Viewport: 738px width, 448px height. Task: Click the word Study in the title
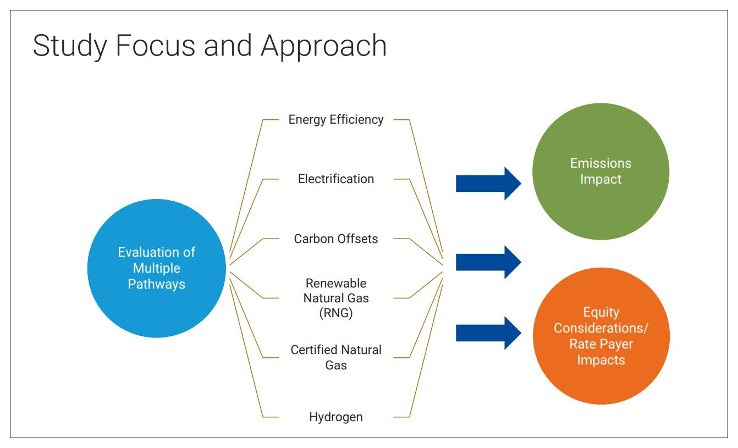pyautogui.click(x=70, y=46)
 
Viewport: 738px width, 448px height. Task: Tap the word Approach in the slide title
pyautogui.click(x=324, y=46)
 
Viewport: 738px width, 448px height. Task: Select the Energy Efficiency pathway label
pyautogui.click(x=335, y=120)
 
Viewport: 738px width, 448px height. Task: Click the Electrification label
pyautogui.click(x=335, y=179)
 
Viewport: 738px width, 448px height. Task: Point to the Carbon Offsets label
pyautogui.click(x=335, y=239)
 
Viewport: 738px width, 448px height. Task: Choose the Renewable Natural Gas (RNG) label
pyautogui.click(x=335, y=298)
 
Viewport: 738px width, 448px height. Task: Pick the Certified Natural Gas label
pyautogui.click(x=335, y=357)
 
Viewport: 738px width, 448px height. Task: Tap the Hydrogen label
pyautogui.click(x=335, y=417)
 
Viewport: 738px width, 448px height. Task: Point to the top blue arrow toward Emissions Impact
pyautogui.click(x=488, y=184)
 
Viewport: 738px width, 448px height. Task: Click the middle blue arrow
pyautogui.click(x=488, y=262)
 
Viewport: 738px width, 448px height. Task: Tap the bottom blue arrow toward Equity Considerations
pyautogui.click(x=488, y=333)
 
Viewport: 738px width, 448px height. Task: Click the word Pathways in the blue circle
pyautogui.click(x=157, y=284)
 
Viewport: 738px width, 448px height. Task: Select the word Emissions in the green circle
pyautogui.click(x=601, y=163)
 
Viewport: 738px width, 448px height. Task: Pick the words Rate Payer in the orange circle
pyautogui.click(x=601, y=344)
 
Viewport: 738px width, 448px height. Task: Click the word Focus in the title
pyautogui.click(x=155, y=46)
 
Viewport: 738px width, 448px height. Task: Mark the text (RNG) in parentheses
pyautogui.click(x=335, y=313)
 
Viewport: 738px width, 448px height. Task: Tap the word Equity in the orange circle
pyautogui.click(x=601, y=312)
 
